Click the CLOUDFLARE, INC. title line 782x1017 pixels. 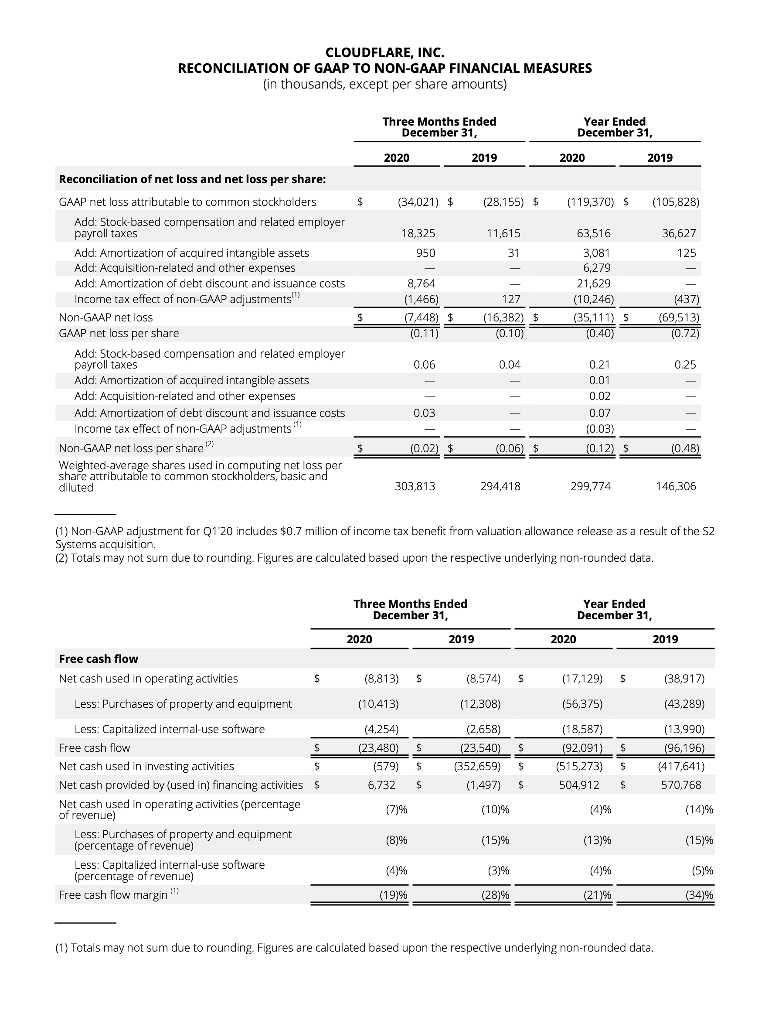[384, 52]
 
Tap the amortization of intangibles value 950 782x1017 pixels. [425, 253]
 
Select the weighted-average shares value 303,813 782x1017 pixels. [415, 486]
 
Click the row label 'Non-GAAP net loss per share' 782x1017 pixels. [131, 448]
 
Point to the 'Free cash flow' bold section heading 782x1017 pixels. [98, 659]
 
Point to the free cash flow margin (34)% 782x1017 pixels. [699, 895]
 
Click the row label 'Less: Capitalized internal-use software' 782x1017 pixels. [170, 729]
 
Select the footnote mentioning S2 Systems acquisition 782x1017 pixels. [384, 537]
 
